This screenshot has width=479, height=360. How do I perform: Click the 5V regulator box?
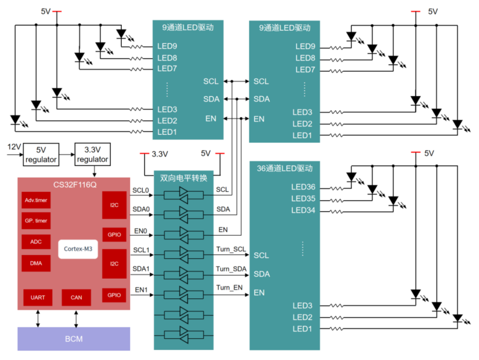point(41,154)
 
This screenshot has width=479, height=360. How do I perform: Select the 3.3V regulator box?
point(92,154)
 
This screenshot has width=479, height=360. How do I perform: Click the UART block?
point(38,297)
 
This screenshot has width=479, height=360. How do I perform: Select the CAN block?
point(76,297)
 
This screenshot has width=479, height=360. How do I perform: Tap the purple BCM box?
point(74,338)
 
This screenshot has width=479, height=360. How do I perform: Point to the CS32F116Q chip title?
point(74,184)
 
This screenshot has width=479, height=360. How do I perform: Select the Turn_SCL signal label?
point(231,249)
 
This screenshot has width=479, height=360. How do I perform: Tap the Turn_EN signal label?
point(229,287)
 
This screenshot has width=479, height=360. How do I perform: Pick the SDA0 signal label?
point(141,209)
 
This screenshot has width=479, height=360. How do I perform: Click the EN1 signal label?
point(141,289)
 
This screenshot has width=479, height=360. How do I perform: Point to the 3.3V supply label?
point(160,154)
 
